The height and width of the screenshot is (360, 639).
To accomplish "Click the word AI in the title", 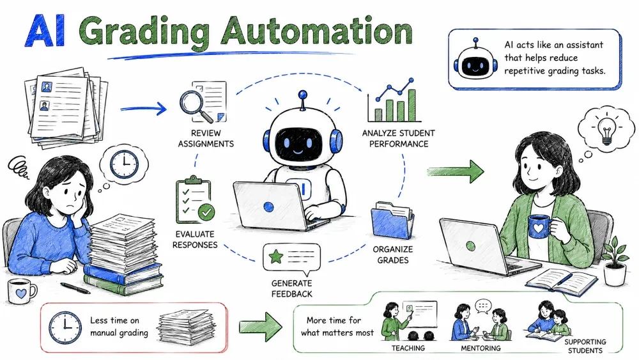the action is point(45,31).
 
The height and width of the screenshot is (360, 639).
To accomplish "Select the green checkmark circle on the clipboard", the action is point(206,212).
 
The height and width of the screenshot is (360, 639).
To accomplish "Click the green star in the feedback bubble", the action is point(275,256).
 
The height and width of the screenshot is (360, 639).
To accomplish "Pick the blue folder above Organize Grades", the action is point(392,221).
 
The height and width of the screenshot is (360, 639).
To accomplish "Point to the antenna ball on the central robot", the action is point(302,95).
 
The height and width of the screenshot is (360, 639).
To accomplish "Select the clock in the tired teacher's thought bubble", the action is point(125,164).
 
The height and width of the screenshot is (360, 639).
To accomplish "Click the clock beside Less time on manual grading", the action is point(65,327).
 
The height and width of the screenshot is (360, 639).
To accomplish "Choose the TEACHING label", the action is point(408,348).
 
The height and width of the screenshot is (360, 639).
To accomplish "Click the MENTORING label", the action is point(481,348).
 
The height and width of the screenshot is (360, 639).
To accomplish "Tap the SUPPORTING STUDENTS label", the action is point(585,346).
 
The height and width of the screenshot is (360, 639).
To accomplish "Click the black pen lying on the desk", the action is point(75,288).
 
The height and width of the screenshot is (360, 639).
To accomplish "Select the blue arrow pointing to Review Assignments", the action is point(143,109).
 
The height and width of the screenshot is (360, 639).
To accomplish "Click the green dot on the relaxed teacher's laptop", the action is point(471,246).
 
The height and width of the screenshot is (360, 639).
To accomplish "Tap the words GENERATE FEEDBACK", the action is point(292,288).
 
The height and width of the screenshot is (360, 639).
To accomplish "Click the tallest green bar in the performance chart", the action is point(412,105).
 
